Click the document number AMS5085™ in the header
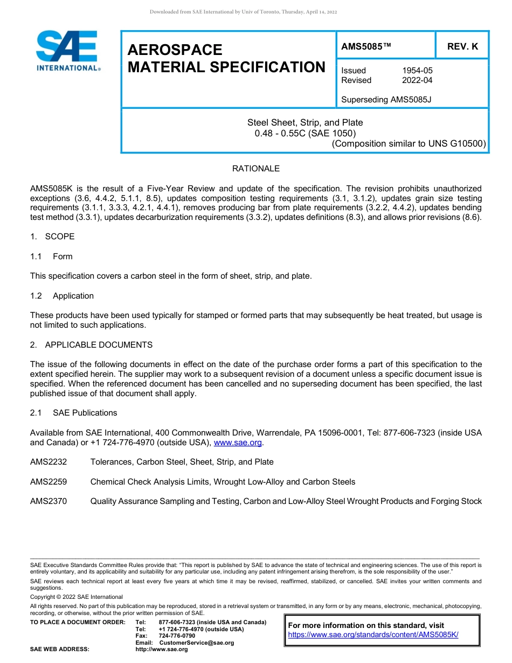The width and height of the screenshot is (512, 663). coord(366,46)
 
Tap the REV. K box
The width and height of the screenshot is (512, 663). coord(462,46)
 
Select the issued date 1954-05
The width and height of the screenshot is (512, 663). coord(417,71)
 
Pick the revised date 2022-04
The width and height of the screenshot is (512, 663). coord(417,80)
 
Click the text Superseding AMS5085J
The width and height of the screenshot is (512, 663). coord(386,100)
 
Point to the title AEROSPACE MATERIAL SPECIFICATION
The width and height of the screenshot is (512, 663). coord(226,58)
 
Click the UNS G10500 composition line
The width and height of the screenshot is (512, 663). coord(409,143)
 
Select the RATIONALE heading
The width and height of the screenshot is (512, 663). coord(255,169)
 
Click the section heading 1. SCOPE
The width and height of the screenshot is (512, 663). coord(52,237)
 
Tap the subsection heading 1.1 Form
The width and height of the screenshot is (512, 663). coord(51,257)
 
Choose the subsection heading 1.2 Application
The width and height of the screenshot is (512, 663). coord(62,296)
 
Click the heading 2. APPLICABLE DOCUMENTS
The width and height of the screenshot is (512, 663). coord(91,345)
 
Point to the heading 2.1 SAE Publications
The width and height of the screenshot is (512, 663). coord(73,413)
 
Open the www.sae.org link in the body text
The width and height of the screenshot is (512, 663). coord(238,443)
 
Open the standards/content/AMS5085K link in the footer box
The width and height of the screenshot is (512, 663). coord(373,635)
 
